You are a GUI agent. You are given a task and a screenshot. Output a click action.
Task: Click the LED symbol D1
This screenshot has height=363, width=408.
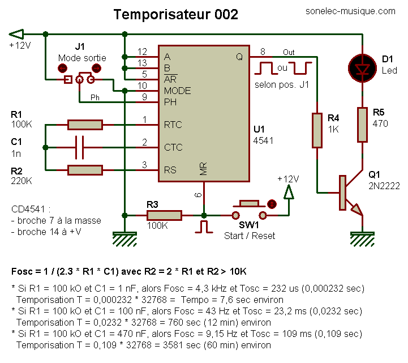click(x=362, y=69)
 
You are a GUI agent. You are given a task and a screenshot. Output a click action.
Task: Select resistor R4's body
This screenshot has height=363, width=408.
click(x=317, y=130)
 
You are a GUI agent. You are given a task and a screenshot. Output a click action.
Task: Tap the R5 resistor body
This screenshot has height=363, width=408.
click(x=362, y=125)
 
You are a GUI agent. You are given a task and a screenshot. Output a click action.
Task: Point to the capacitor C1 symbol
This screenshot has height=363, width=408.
click(x=79, y=147)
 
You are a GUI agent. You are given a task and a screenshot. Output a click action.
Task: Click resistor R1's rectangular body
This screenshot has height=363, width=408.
click(x=85, y=125)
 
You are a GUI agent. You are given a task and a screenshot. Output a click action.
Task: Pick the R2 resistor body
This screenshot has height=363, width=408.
click(x=85, y=170)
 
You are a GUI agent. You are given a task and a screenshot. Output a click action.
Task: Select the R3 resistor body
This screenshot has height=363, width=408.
click(x=164, y=215)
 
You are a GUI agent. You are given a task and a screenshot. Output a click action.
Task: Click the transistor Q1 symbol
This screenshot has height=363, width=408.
click(x=350, y=193)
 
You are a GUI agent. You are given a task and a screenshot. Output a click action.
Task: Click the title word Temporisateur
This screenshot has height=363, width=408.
click(x=162, y=14)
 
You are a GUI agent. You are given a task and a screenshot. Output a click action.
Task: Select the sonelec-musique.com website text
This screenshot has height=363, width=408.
click(x=350, y=11)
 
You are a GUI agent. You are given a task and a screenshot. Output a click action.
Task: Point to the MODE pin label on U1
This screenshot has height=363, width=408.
click(x=178, y=91)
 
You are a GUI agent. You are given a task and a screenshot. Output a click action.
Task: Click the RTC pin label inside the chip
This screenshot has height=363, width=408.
click(x=173, y=125)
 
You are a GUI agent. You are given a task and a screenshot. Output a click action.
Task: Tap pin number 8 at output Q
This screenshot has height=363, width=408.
click(x=263, y=52)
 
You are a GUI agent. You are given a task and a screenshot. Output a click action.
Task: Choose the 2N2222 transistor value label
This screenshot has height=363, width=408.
click(x=384, y=186)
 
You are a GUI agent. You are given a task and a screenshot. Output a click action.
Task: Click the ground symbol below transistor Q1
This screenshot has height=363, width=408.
click(x=362, y=239)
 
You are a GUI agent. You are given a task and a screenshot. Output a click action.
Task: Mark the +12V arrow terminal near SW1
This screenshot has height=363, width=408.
click(x=289, y=192)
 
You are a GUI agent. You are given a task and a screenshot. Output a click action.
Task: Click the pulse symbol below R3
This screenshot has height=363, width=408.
click(x=204, y=227)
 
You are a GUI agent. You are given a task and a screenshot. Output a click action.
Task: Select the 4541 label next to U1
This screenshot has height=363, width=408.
click(x=263, y=140)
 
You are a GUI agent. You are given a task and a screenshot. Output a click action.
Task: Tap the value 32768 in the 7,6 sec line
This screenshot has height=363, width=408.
click(x=154, y=300)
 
